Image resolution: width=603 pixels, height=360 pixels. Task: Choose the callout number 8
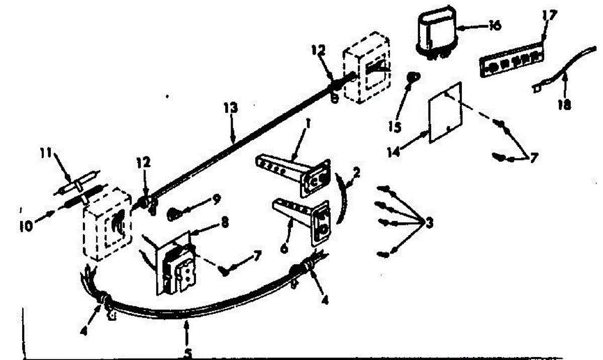coord(225,221)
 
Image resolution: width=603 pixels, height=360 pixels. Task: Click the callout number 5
coord(187,353)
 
